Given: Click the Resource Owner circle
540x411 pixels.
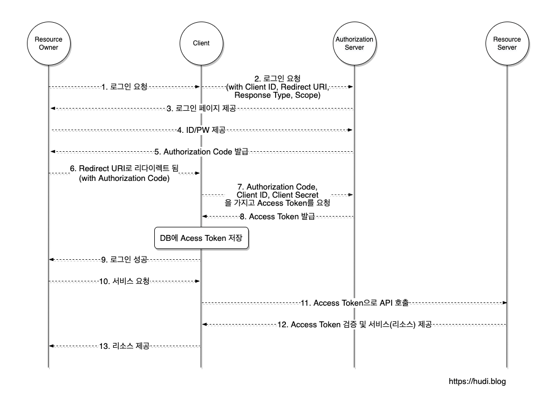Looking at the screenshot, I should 49,43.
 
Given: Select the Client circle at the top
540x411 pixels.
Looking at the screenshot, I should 201,43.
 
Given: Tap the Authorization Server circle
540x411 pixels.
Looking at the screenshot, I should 354,43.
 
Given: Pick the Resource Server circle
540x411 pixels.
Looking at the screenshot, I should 507,43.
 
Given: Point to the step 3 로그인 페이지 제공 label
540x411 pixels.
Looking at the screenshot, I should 201,109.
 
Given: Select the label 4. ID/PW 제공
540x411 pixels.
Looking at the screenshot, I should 201,130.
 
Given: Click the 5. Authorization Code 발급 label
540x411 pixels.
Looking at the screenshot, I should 201,152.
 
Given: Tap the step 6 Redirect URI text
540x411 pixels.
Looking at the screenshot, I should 124,169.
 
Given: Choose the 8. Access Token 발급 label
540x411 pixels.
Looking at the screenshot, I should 277,217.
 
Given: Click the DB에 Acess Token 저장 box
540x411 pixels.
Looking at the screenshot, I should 202,238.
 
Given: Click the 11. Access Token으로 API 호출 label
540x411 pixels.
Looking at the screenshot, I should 354,303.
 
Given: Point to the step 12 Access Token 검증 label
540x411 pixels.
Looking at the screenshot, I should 354,325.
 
